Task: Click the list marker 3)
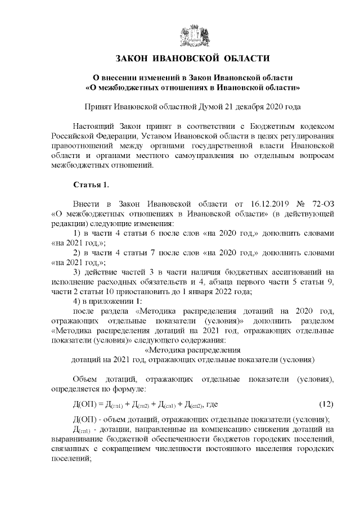pos(79,271)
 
